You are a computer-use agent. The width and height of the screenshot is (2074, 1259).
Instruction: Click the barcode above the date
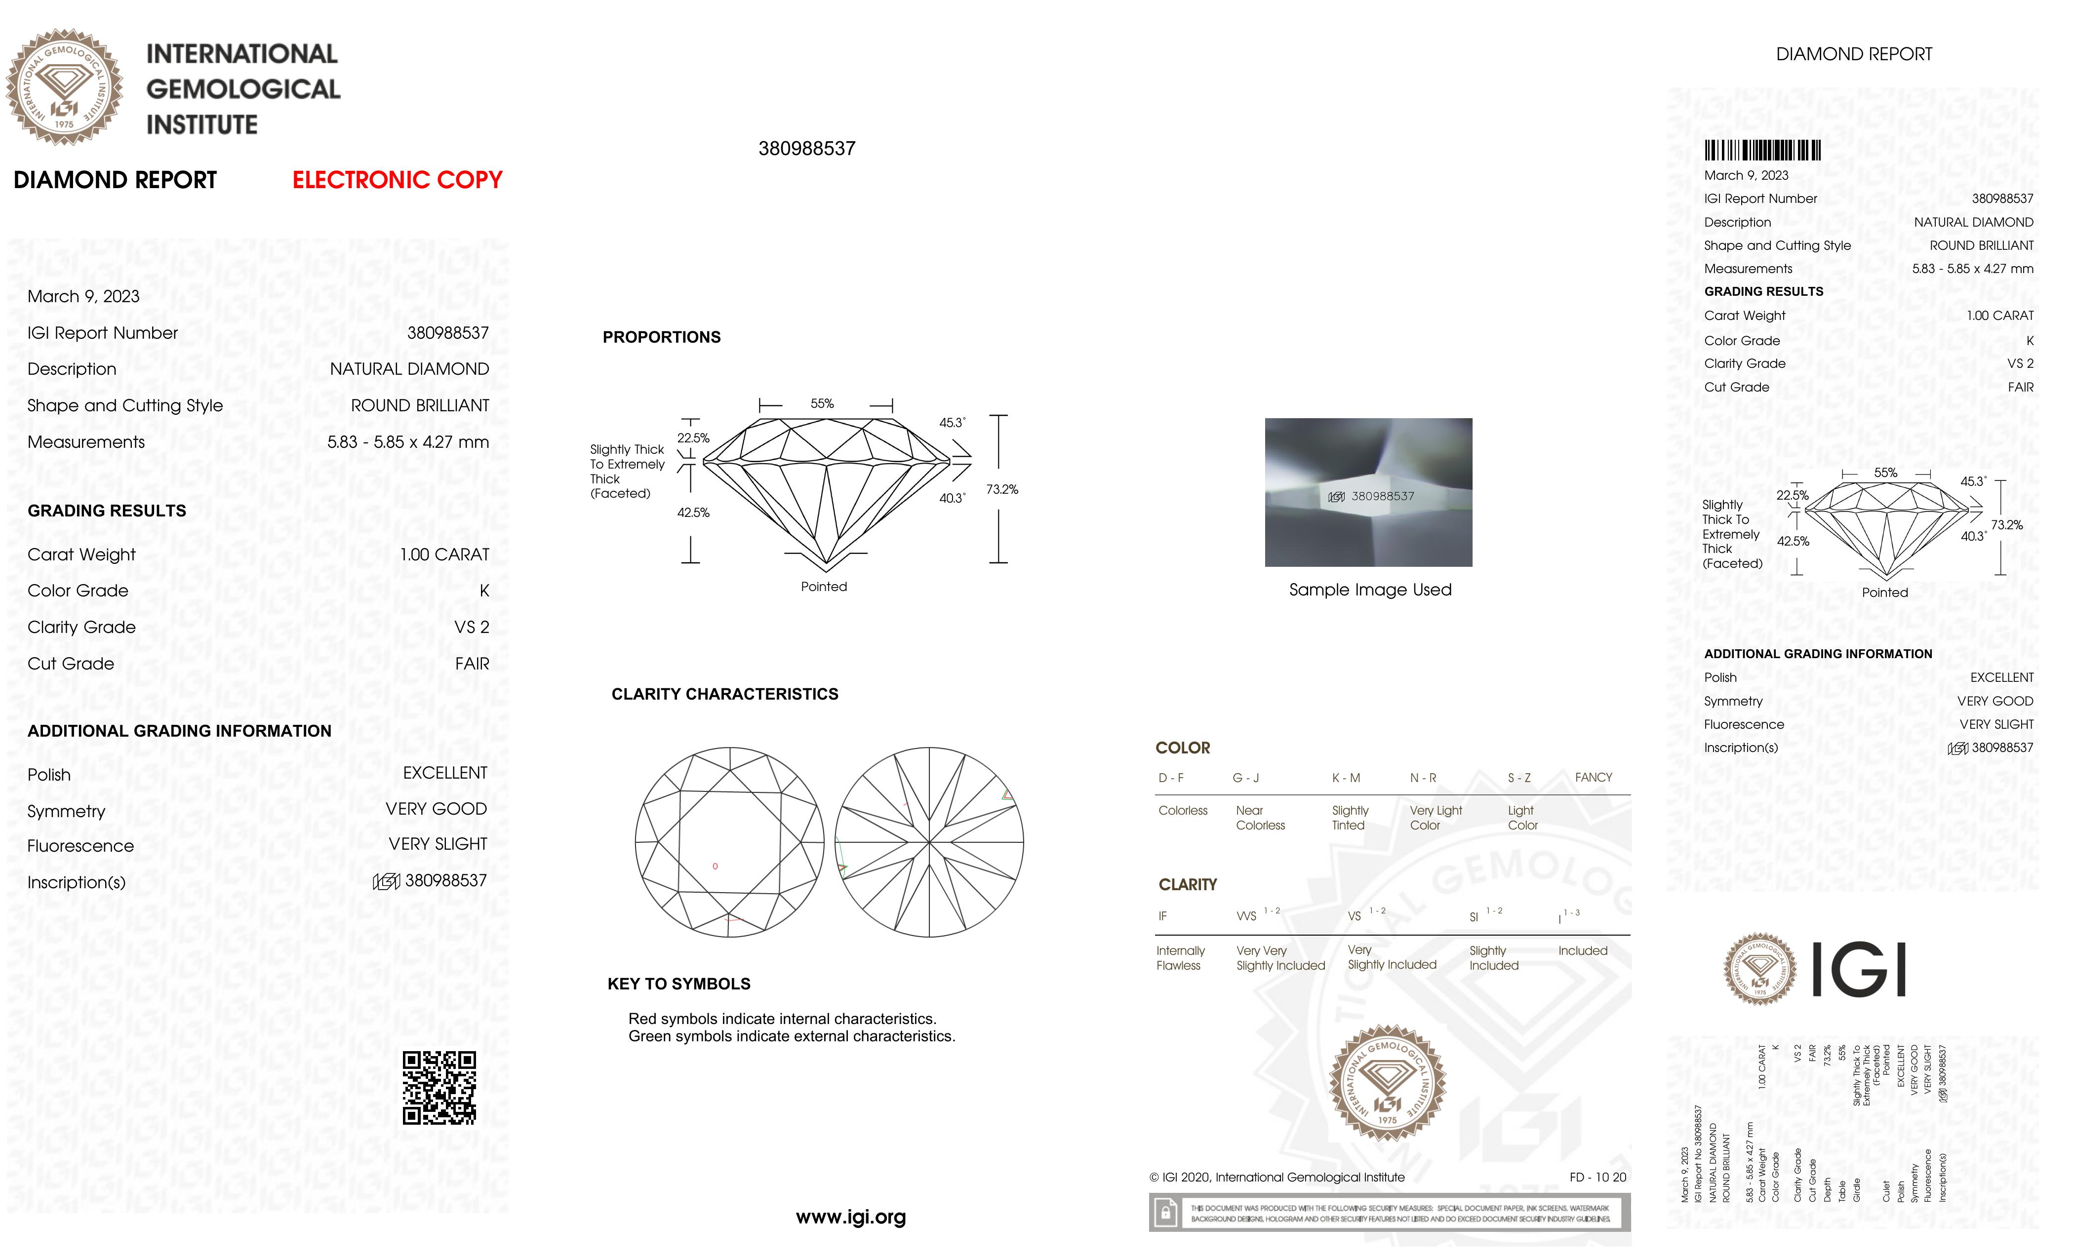point(1762,151)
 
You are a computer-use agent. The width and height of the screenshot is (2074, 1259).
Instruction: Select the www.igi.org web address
point(850,1217)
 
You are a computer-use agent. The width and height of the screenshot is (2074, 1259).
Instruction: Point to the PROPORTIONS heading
point(662,338)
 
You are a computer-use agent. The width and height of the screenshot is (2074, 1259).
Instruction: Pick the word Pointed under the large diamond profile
point(823,587)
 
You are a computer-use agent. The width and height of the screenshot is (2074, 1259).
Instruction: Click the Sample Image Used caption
point(1369,590)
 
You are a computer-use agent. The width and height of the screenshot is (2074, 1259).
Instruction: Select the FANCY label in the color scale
point(1593,778)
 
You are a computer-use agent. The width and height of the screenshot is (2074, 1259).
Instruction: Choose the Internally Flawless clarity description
point(1180,958)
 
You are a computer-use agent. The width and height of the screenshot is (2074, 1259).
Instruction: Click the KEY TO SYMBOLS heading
point(678,984)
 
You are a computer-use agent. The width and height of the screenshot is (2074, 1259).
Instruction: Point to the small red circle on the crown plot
point(715,866)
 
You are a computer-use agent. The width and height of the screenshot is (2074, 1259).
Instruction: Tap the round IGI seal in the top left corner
point(64,87)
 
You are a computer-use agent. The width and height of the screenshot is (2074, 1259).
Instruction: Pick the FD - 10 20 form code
point(1597,1178)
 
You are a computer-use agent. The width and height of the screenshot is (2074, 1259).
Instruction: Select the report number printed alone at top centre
point(806,149)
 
